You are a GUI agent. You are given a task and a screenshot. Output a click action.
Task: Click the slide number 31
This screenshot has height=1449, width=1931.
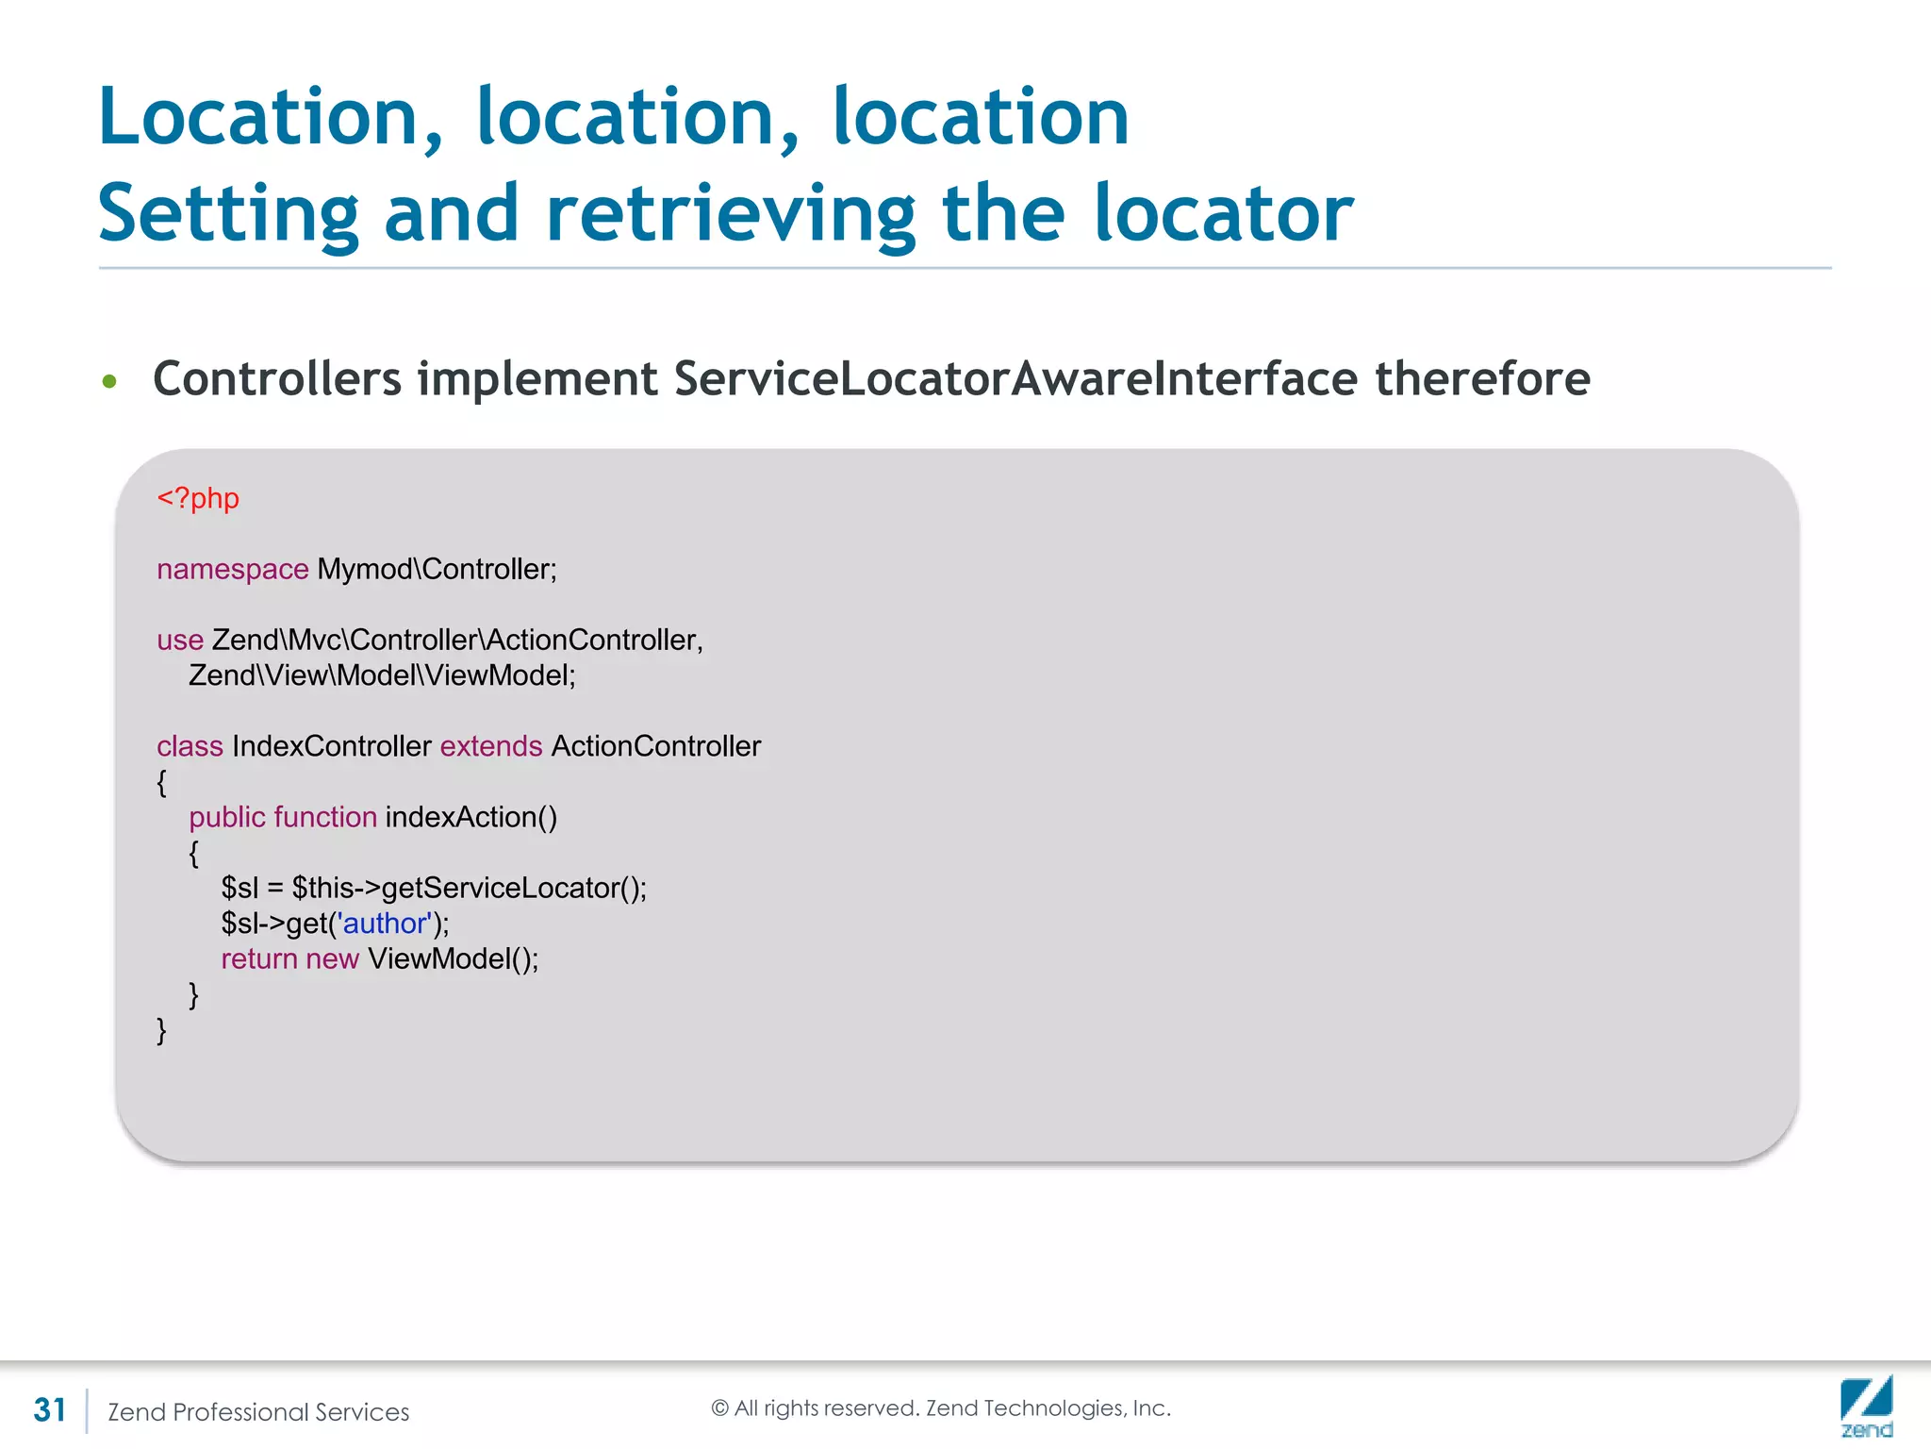pyautogui.click(x=50, y=1410)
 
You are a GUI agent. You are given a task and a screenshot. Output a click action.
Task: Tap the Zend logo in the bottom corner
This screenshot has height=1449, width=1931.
pyautogui.click(x=1866, y=1407)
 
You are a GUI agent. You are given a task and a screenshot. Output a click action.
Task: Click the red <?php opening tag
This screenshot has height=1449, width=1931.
pyautogui.click(x=198, y=498)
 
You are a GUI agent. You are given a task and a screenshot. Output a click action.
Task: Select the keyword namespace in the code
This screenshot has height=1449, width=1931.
pyautogui.click(x=232, y=569)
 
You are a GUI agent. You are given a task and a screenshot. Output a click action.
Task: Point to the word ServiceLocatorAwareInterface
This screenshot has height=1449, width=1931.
pyautogui.click(x=1015, y=379)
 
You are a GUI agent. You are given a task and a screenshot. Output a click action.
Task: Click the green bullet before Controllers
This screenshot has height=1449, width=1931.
pyautogui.click(x=110, y=381)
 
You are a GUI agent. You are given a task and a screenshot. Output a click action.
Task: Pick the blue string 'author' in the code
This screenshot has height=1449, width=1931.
pyautogui.click(x=385, y=923)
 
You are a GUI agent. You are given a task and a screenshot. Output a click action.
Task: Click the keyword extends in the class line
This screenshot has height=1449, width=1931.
pyautogui.click(x=490, y=746)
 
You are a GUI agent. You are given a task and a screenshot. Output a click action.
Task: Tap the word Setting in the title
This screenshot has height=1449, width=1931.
pyautogui.click(x=228, y=214)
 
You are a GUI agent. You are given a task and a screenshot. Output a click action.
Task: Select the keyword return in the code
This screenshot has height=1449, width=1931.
pyautogui.click(x=258, y=958)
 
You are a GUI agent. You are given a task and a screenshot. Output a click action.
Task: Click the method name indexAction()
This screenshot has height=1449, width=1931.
pyautogui.click(x=470, y=817)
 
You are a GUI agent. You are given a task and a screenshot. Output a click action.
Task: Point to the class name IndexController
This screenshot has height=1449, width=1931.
pyautogui.click(x=331, y=746)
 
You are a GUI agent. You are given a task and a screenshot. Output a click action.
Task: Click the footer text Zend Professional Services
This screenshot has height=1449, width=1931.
pyautogui.click(x=258, y=1412)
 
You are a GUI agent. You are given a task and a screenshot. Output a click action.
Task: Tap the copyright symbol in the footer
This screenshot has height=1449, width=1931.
pyautogui.click(x=719, y=1408)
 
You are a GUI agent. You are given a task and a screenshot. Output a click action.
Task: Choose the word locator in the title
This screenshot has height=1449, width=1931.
pyautogui.click(x=1223, y=214)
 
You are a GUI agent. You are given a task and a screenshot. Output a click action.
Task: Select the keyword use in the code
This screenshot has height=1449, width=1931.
pyautogui.click(x=180, y=640)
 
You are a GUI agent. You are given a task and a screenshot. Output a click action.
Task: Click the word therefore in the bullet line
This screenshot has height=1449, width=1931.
pyautogui.click(x=1482, y=379)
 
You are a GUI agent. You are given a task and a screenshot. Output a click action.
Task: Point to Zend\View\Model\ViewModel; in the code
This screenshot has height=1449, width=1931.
pyautogui.click(x=382, y=675)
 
